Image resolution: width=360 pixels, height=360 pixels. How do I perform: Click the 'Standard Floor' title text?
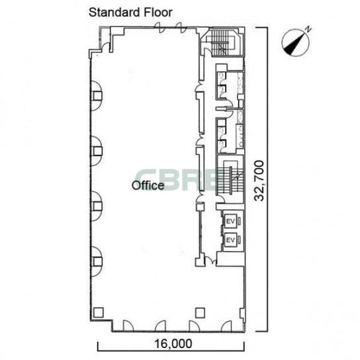130,13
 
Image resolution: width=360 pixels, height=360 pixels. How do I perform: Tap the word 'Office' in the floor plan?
148,185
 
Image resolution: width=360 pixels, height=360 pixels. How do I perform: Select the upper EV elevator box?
230,221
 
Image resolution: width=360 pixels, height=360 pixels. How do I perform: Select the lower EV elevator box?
230,240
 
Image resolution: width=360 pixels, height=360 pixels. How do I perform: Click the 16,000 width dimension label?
173,344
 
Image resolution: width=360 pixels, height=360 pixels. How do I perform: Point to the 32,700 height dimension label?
259,181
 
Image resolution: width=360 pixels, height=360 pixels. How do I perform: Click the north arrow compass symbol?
296,42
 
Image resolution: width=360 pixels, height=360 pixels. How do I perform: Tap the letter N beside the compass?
308,29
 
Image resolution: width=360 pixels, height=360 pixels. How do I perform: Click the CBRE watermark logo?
177,180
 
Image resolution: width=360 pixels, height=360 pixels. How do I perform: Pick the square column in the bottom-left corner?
99,312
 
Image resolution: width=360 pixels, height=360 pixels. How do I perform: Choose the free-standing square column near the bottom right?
200,312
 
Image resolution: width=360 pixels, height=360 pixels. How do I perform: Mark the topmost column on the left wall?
97,96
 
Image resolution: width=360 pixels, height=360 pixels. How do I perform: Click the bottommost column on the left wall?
97,261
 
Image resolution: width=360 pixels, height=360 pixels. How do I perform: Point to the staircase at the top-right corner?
222,43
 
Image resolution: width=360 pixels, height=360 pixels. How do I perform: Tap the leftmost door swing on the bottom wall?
128,326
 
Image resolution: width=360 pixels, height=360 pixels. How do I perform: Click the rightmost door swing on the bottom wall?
226,326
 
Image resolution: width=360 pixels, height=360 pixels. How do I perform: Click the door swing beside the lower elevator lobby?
210,261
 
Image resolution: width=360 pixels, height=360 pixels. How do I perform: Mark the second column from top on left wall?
97,151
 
